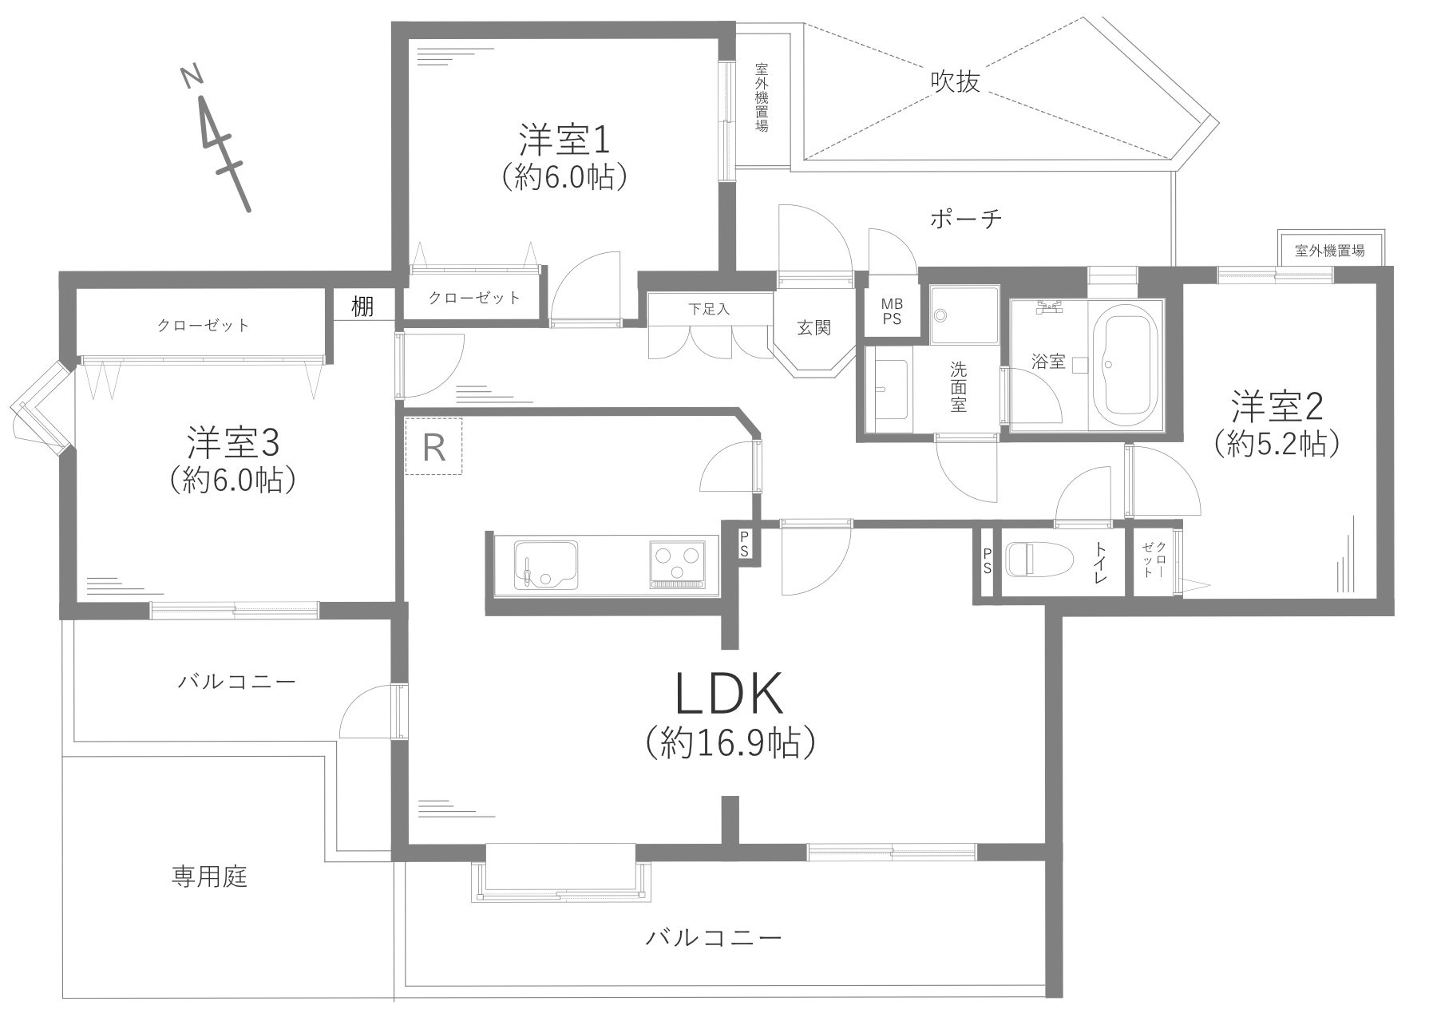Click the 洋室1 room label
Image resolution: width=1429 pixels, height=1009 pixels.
[564, 140]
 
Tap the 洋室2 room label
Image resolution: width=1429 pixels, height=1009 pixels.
[1277, 407]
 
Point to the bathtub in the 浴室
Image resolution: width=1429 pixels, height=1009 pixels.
[1126, 369]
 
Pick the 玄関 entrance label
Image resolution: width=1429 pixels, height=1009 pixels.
[813, 327]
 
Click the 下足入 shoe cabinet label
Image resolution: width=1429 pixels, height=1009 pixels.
[709, 308]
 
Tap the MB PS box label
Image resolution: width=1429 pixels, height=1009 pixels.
[891, 312]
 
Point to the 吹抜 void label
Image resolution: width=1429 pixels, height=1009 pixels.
[955, 81]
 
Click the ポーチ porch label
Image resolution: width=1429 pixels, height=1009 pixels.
[965, 219]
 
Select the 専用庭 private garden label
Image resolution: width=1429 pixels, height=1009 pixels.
[209, 877]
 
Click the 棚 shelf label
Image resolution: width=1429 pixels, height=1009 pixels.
[363, 307]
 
